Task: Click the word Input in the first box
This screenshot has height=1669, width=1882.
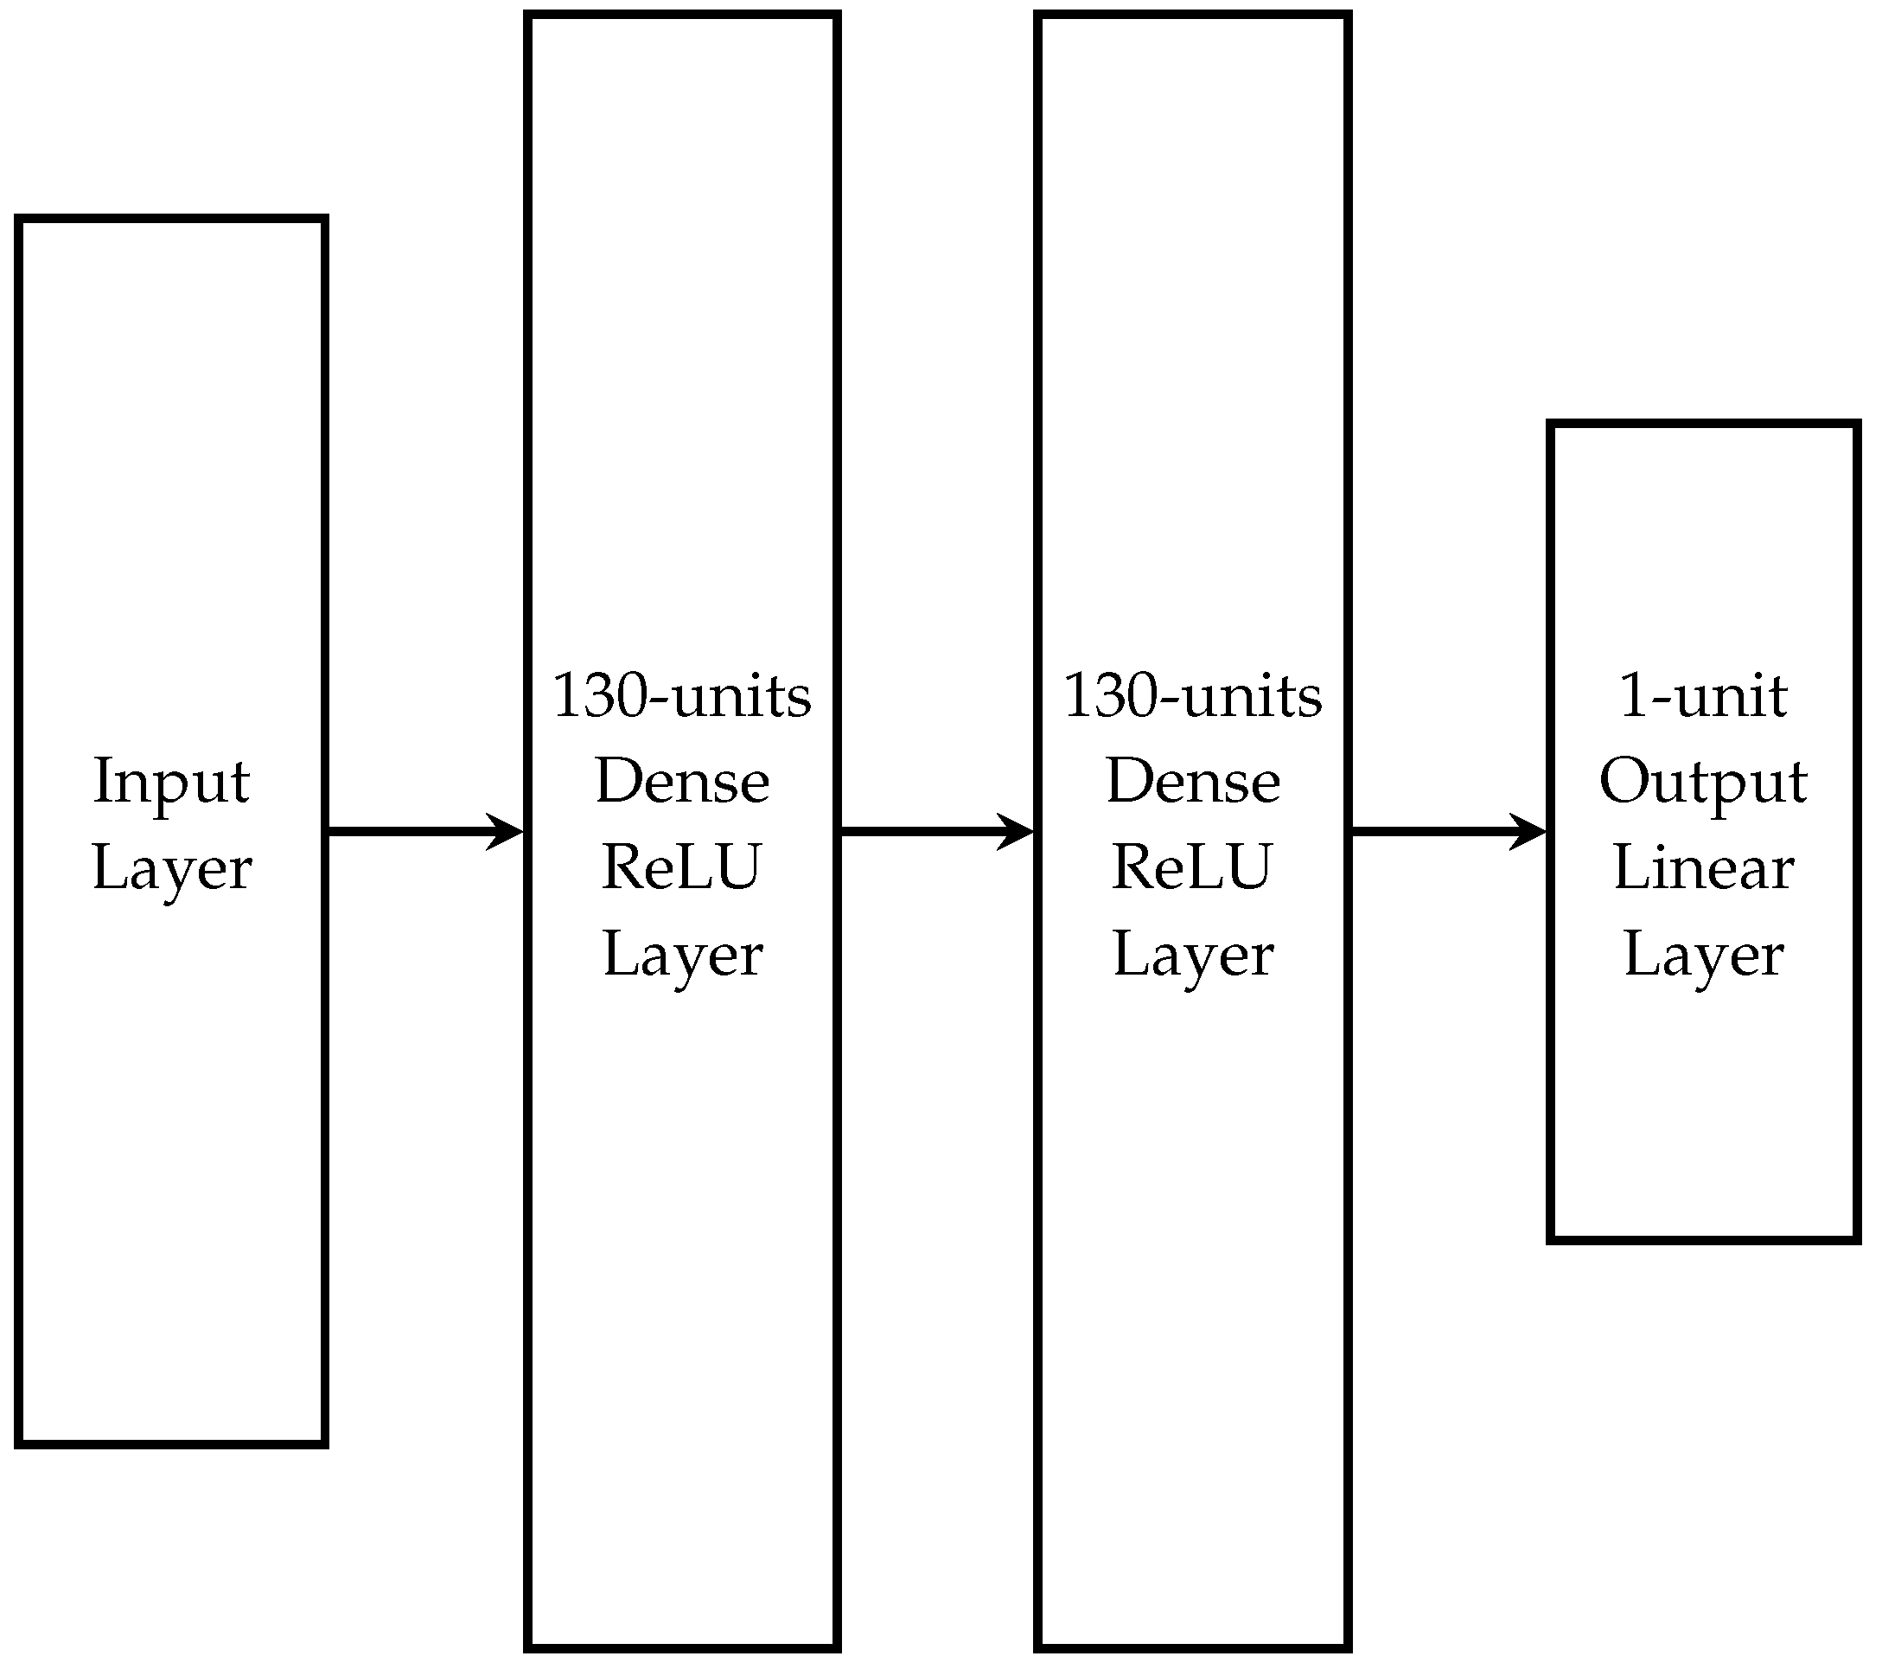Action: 171,781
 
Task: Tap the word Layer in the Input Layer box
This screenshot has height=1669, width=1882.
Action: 171,867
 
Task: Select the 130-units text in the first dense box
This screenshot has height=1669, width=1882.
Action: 681,696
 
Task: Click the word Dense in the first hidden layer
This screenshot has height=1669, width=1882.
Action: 681,781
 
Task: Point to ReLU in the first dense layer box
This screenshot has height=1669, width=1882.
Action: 681,867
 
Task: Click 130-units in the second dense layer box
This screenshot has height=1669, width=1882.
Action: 1192,696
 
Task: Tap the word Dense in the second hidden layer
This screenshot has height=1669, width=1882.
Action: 1192,781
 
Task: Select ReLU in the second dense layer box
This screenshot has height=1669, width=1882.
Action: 1192,867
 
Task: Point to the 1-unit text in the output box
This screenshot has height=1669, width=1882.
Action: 1702,696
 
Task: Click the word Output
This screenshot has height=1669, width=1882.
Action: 1702,781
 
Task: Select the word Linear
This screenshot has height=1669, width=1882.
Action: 1702,867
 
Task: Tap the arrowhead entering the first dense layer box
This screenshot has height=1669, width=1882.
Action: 507,832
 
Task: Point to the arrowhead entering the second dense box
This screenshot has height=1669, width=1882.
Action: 1018,832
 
